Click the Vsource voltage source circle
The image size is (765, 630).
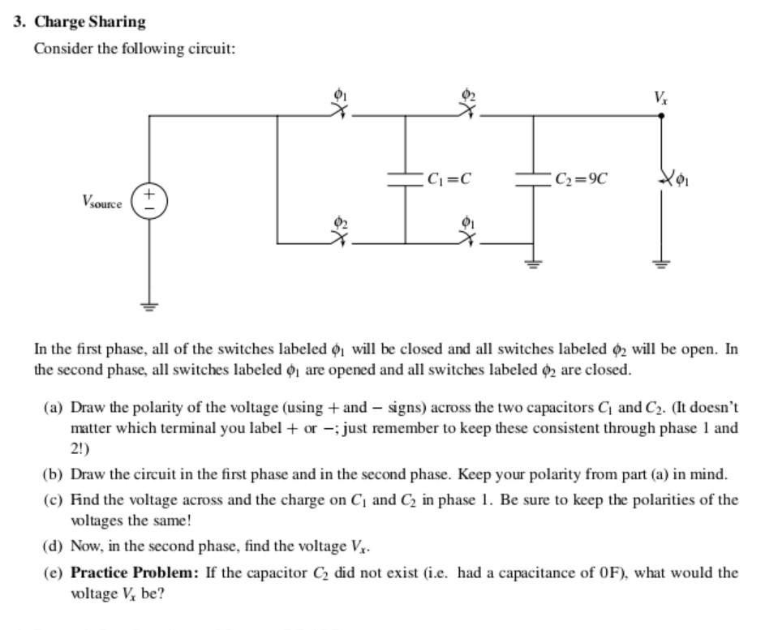[x=149, y=200]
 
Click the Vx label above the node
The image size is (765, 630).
[x=661, y=99]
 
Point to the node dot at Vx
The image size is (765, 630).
[x=661, y=116]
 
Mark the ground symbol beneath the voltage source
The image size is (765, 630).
[x=149, y=306]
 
